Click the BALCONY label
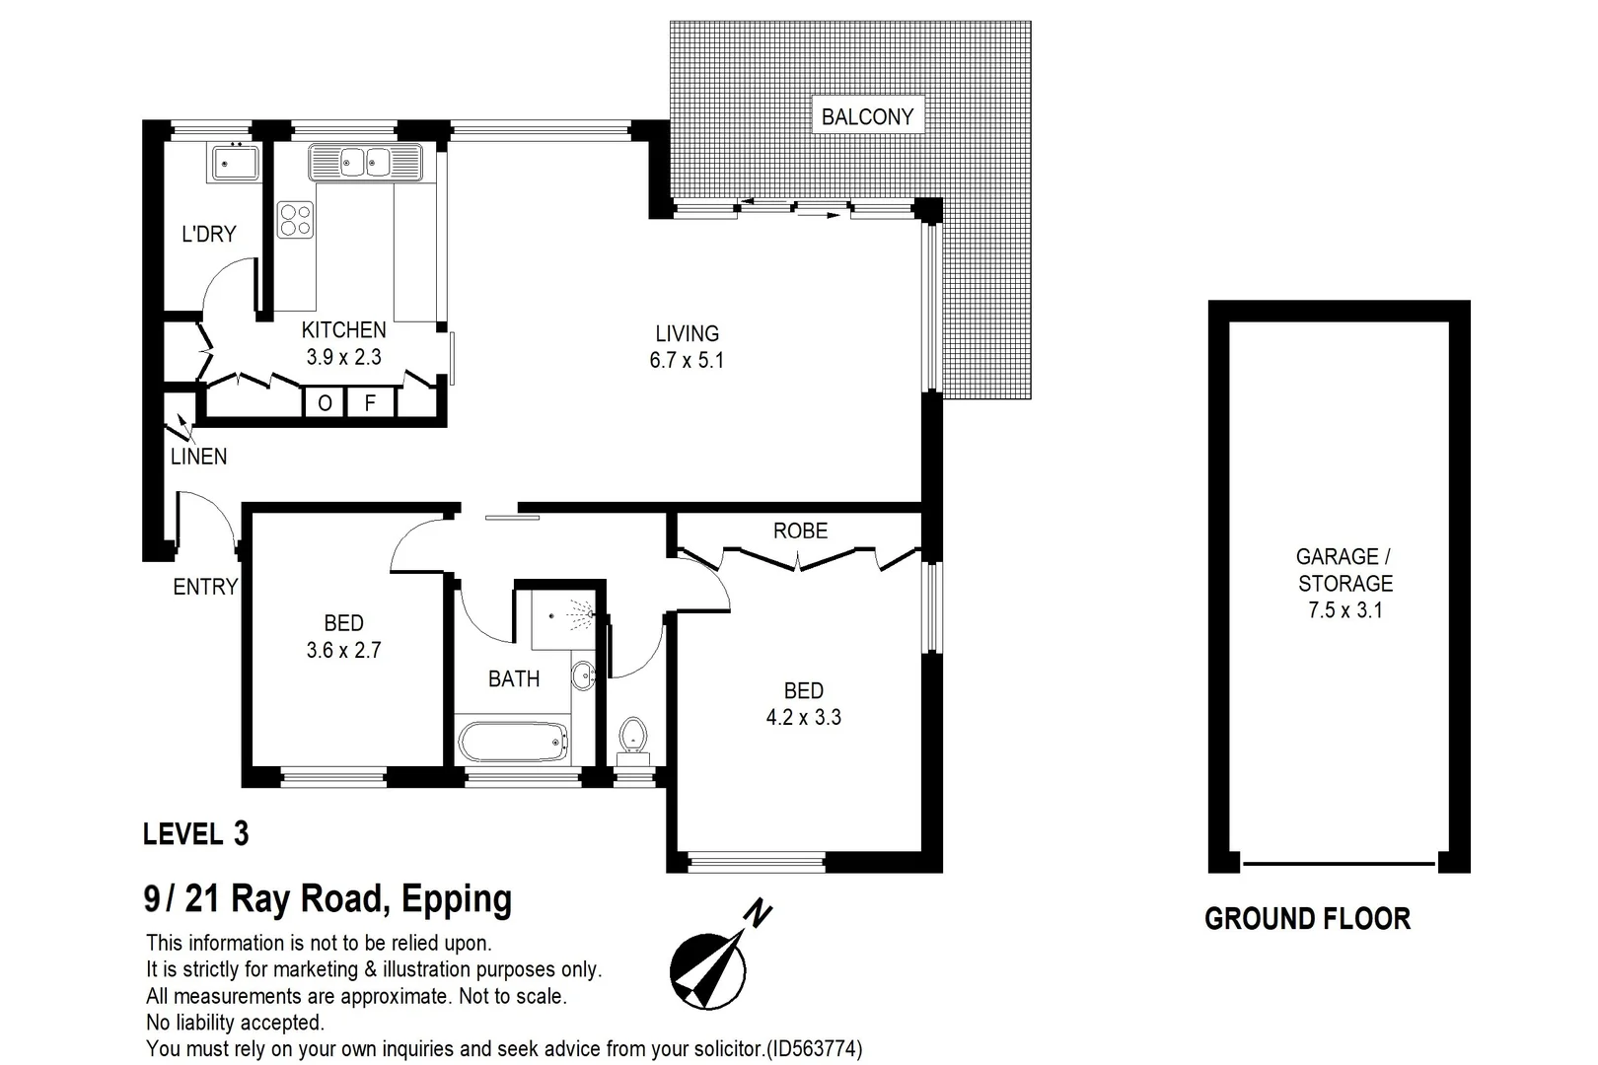coord(867,116)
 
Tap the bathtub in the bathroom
coord(514,742)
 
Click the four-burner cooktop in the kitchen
coord(295,219)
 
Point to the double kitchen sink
coord(365,162)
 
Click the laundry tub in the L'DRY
coord(234,162)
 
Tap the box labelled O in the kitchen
coord(325,402)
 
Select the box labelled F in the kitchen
coord(370,402)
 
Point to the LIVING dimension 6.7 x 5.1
coord(687,361)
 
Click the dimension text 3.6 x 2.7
coord(343,651)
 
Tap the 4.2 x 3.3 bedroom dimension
coord(803,718)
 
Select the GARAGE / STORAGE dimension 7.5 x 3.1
coord(1344,610)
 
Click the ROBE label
coord(800,532)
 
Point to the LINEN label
coord(198,457)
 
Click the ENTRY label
coord(205,587)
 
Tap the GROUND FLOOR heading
coord(1307,919)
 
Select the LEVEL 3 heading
coord(195,834)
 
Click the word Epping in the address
coord(457,899)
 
